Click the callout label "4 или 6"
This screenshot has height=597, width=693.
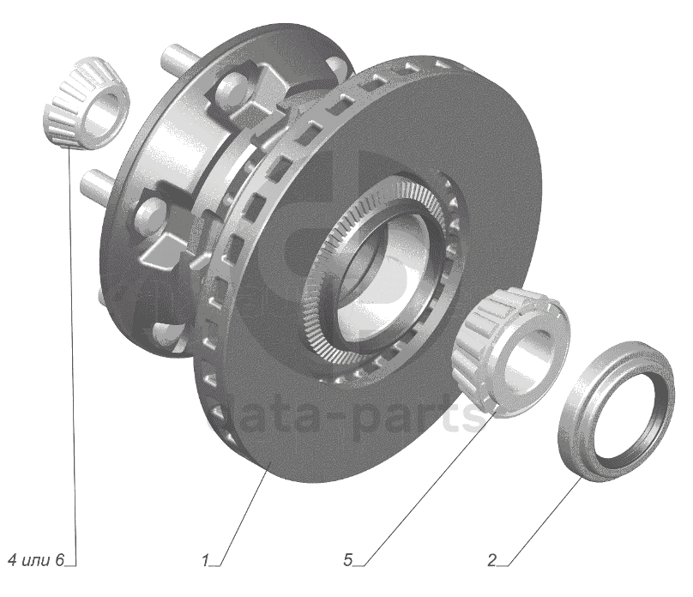tap(36, 560)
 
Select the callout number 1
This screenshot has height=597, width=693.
tap(205, 561)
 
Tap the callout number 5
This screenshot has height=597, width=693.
tap(348, 560)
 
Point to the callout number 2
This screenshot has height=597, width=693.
tap(492, 560)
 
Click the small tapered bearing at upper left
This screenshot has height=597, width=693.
tap(86, 103)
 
